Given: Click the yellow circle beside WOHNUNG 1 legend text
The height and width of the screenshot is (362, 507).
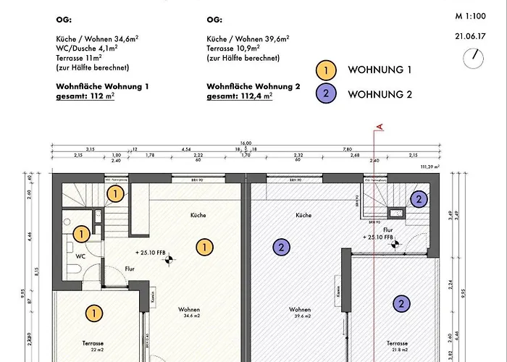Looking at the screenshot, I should coord(327,70).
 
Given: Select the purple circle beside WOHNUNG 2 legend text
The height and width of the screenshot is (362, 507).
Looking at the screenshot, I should coord(327,94).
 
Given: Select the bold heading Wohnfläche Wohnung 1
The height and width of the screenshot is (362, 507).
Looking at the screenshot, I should coord(102,85).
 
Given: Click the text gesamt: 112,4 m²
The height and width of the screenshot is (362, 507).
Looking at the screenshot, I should coord(239,96).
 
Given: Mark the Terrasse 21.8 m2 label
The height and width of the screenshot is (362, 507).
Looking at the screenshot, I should coord(399,346).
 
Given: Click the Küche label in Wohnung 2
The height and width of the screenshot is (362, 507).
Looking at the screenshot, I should coord(303,216).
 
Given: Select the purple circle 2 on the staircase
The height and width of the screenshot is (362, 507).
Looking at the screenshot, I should coord(419,199).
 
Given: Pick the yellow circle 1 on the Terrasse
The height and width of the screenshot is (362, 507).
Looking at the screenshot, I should coord(93,313).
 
